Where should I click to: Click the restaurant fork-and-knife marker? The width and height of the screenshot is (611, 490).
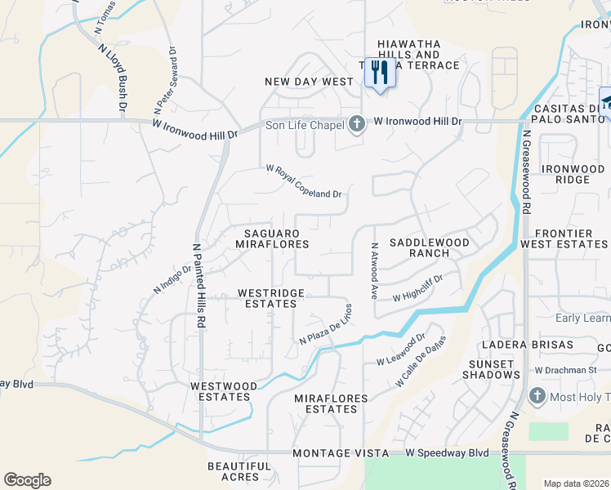click(377, 72)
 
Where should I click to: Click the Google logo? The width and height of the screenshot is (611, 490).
click(27, 480)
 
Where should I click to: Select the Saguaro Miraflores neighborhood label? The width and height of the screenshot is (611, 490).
click(272, 238)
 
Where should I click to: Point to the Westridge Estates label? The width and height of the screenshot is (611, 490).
click(271, 298)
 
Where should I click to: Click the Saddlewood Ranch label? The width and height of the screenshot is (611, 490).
click(430, 247)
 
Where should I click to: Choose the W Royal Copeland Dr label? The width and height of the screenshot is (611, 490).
click(303, 181)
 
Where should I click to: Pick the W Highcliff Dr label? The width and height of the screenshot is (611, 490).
click(417, 288)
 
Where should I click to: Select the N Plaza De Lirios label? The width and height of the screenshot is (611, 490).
click(325, 324)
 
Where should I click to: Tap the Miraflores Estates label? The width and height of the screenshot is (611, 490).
click(331, 403)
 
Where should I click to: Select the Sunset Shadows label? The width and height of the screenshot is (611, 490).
click(493, 368)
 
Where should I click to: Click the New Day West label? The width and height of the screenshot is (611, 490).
click(309, 82)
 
